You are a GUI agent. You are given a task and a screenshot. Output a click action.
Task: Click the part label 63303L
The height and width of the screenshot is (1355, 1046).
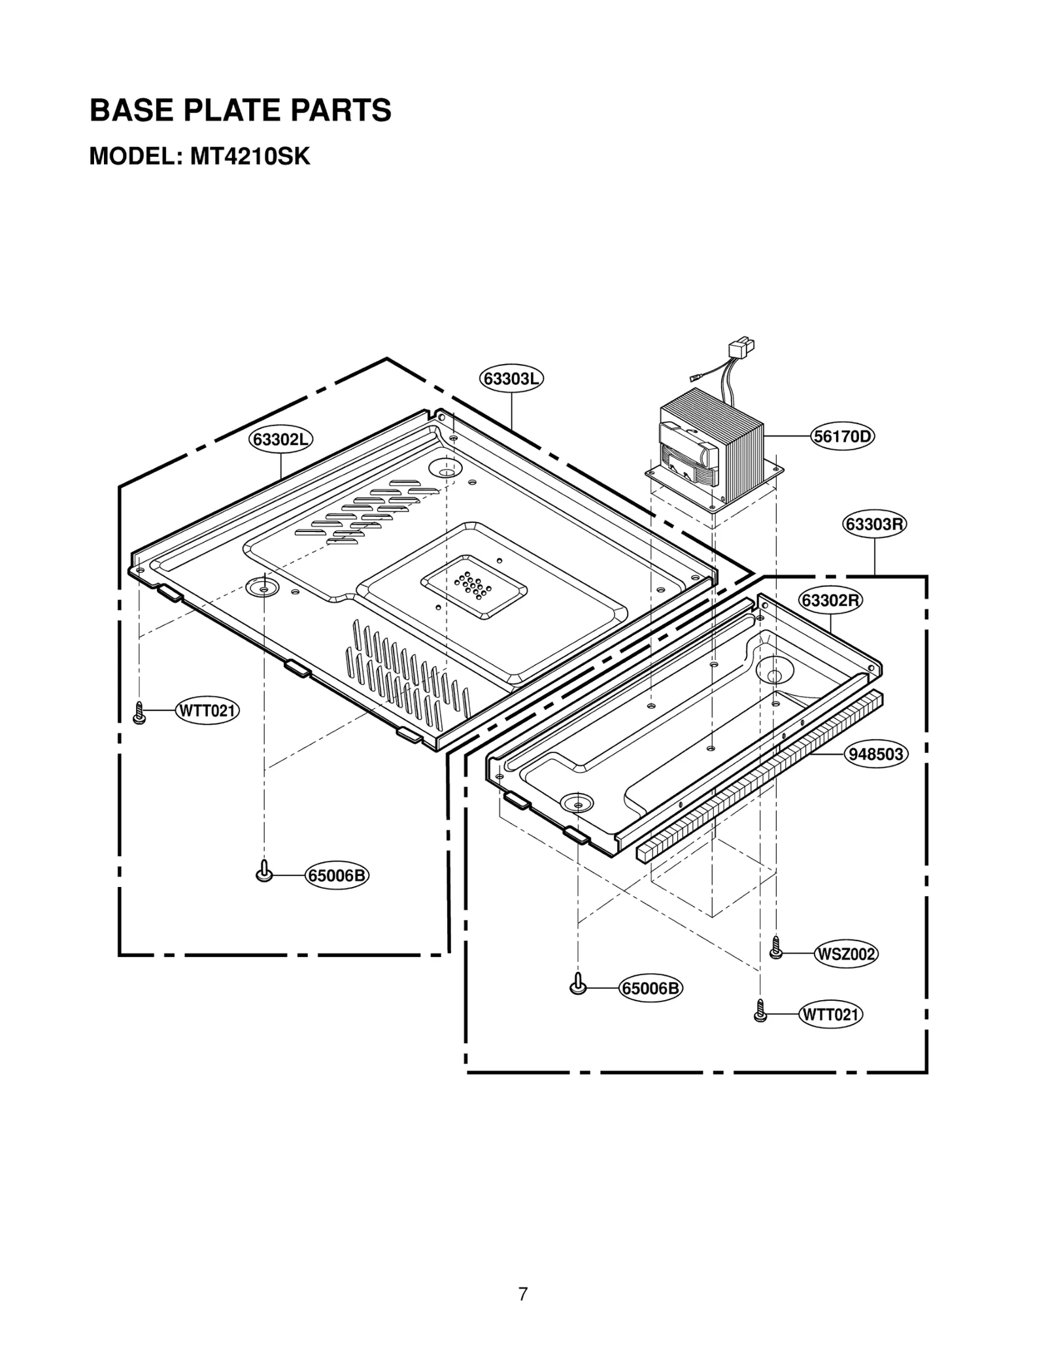tap(512, 379)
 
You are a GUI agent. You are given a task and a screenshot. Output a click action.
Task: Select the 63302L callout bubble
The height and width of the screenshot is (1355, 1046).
tap(280, 440)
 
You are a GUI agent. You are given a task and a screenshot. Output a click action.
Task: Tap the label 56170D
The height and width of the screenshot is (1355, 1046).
tap(843, 436)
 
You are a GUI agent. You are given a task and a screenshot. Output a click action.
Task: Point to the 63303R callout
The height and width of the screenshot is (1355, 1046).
tap(875, 524)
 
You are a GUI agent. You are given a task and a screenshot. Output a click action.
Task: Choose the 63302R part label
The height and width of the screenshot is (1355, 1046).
tap(830, 600)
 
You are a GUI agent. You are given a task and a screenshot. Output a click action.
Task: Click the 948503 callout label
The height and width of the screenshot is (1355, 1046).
tap(875, 754)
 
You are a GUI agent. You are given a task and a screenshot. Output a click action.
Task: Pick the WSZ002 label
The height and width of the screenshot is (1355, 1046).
tap(846, 955)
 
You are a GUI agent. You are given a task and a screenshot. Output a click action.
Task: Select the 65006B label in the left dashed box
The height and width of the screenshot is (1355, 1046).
tap(337, 876)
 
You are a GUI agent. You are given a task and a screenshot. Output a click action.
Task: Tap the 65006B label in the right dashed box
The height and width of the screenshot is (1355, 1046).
tap(650, 989)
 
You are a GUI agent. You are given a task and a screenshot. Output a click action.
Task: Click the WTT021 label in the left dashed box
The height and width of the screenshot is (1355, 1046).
tap(207, 711)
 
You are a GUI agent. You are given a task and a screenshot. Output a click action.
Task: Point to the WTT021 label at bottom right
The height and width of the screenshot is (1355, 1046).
tap(830, 1015)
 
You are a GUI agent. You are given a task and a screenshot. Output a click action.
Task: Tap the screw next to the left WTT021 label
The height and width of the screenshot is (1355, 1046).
tap(139, 712)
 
